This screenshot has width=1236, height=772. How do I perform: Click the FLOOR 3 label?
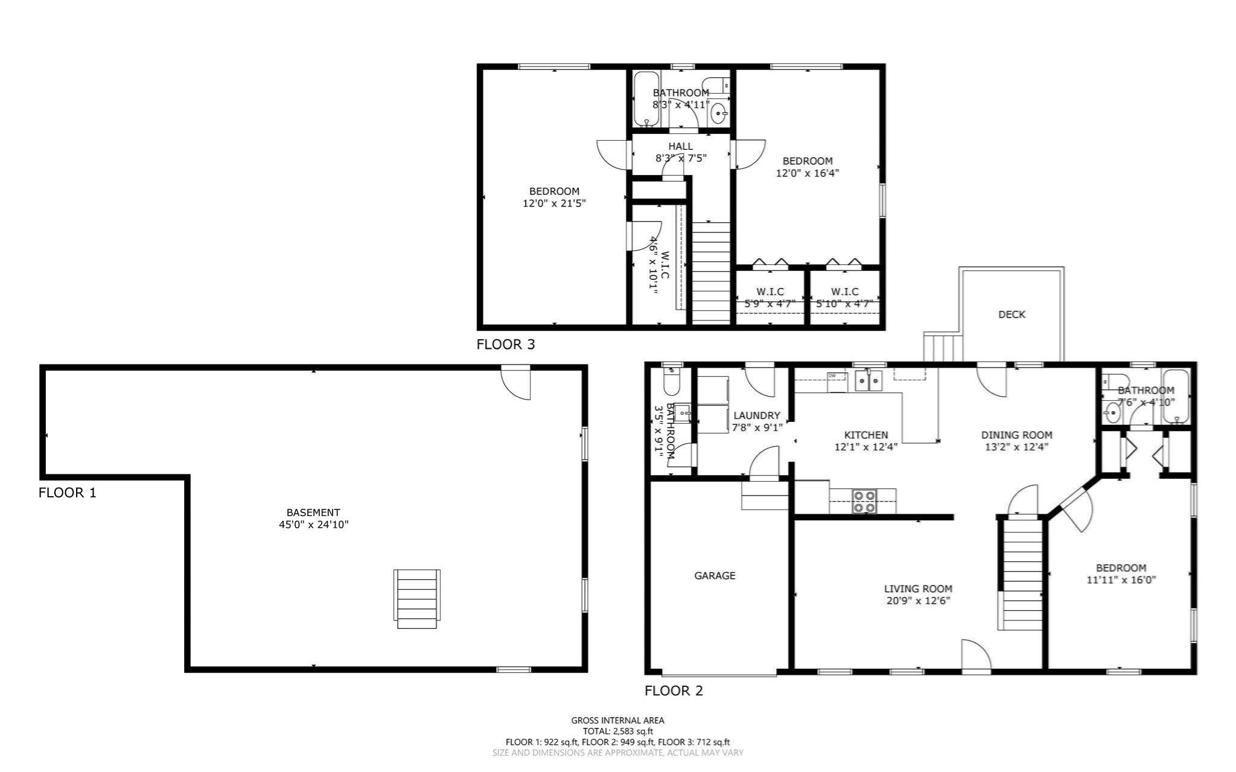pyautogui.click(x=505, y=345)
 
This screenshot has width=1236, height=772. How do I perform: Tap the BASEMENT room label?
pyautogui.click(x=313, y=512)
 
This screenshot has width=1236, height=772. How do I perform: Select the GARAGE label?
pyautogui.click(x=715, y=576)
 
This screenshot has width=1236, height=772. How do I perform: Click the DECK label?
pyautogui.click(x=1011, y=314)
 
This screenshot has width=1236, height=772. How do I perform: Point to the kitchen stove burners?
pyautogui.click(x=864, y=502)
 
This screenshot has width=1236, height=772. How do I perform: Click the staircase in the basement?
pyautogui.click(x=417, y=598)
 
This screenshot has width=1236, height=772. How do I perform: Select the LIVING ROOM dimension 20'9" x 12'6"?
pyautogui.click(x=918, y=601)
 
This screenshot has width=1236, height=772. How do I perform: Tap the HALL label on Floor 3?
pyautogui.click(x=681, y=146)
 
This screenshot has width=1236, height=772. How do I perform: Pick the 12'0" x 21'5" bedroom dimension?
pyautogui.click(x=554, y=204)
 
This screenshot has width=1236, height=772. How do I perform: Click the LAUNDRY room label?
pyautogui.click(x=757, y=415)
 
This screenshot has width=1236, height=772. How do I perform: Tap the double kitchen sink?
pyautogui.click(x=869, y=381)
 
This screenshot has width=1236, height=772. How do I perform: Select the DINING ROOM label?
pyautogui.click(x=1016, y=435)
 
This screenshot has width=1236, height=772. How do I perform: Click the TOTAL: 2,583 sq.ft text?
pyautogui.click(x=617, y=731)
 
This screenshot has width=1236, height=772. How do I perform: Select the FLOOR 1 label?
pyautogui.click(x=68, y=493)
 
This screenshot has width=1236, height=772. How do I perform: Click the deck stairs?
pyautogui.click(x=943, y=348)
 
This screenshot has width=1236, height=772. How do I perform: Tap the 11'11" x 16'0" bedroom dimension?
pyautogui.click(x=1121, y=580)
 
